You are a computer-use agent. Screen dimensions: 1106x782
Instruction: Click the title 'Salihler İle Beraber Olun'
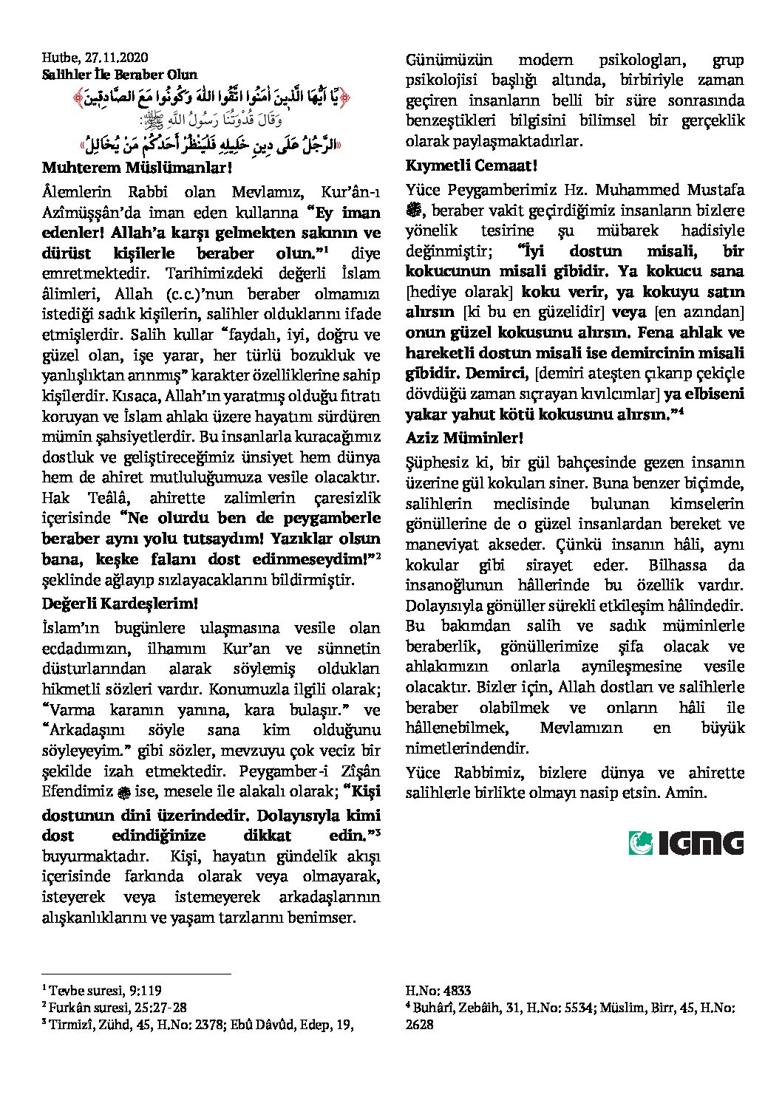[119, 74]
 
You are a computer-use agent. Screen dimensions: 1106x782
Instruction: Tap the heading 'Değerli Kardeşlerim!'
[120, 603]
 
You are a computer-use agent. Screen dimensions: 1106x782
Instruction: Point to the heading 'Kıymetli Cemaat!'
[472, 165]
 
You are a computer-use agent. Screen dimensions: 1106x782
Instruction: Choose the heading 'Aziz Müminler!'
[464, 437]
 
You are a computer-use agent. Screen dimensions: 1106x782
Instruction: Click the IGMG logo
[686, 842]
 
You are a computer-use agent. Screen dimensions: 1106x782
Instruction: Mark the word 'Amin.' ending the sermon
[687, 793]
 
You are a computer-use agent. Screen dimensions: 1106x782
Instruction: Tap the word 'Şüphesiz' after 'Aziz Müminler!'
[433, 463]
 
